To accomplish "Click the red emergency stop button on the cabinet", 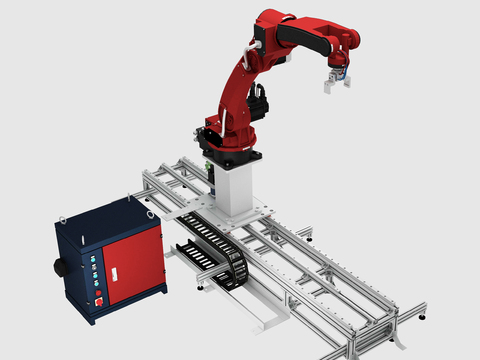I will (99, 298).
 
